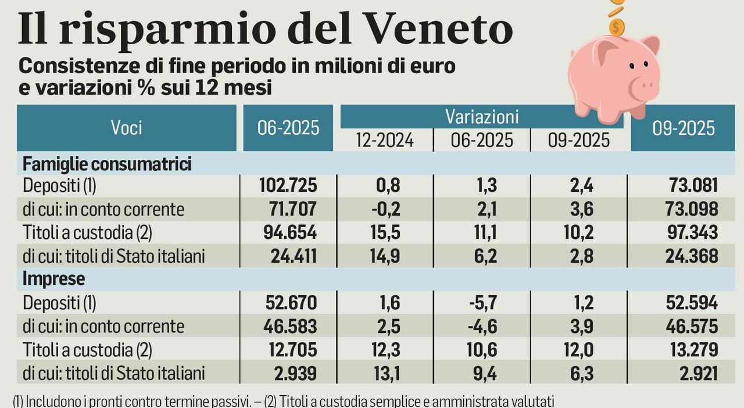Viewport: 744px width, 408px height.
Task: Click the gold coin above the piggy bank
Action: coord(617,26)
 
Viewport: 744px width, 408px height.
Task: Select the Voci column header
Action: coord(126,127)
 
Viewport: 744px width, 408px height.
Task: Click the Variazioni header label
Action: coord(482,116)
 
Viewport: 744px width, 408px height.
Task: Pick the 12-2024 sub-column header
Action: coord(385,140)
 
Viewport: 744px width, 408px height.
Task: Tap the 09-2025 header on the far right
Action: coord(684,128)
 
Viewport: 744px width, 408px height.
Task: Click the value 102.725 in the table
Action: coord(287,185)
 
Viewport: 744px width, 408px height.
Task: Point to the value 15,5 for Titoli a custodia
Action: coord(386,232)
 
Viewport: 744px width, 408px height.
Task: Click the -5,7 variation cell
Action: coord(482,303)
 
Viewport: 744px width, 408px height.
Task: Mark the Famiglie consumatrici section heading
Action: coord(107,164)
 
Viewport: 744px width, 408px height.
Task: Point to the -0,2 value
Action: coord(385,209)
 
